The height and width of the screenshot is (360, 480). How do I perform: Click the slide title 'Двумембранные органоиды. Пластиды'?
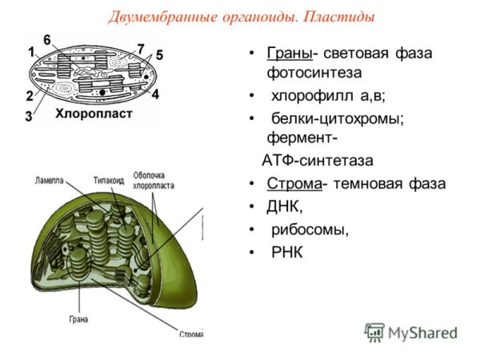pyautogui.click(x=241, y=17)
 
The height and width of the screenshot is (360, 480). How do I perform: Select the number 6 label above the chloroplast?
pyautogui.click(x=47, y=39)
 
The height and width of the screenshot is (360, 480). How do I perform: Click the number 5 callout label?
pyautogui.click(x=159, y=55)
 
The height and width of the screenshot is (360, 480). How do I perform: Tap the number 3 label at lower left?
pyautogui.click(x=28, y=117)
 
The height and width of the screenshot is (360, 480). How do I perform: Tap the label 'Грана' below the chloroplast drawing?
pyautogui.click(x=78, y=319)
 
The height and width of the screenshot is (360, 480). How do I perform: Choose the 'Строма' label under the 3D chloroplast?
pyautogui.click(x=190, y=334)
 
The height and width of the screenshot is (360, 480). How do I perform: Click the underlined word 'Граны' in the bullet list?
pyautogui.click(x=289, y=54)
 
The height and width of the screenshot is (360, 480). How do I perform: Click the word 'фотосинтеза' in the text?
pyautogui.click(x=314, y=72)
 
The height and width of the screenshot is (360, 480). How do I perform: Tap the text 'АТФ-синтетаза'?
pyautogui.click(x=318, y=160)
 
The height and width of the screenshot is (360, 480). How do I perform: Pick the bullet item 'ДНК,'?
pyautogui.click(x=286, y=206)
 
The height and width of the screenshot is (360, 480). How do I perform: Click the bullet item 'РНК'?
pyautogui.click(x=287, y=254)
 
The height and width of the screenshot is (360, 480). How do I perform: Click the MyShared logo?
pyautogui.click(x=410, y=332)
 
